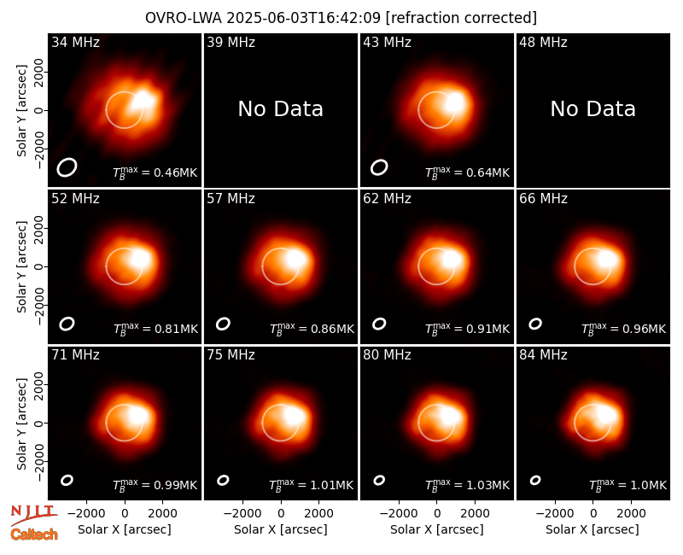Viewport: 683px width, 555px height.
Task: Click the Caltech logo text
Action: point(34,535)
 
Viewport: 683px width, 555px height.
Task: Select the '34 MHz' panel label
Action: point(75,42)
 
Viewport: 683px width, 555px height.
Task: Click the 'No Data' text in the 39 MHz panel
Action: point(281,109)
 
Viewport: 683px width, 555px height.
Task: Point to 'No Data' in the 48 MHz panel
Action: point(593,109)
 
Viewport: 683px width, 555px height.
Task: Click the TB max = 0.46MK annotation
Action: point(155,172)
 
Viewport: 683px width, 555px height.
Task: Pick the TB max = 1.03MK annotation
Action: point(467,485)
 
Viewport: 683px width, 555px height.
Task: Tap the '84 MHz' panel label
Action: point(543,355)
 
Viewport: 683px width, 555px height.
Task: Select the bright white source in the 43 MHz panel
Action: point(454,102)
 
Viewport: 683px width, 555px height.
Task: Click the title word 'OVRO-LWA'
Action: point(184,18)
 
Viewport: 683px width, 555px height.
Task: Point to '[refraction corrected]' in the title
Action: point(461,18)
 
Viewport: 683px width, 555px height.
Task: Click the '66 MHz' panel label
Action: point(543,199)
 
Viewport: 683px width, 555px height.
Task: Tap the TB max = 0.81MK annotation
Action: point(155,329)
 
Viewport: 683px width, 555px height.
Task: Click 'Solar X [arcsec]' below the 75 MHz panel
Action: point(281,529)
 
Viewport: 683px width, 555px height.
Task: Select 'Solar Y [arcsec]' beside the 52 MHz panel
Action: point(21,266)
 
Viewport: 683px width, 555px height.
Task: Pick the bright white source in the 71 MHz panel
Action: point(139,414)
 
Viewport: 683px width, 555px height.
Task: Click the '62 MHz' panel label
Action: point(388,199)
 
